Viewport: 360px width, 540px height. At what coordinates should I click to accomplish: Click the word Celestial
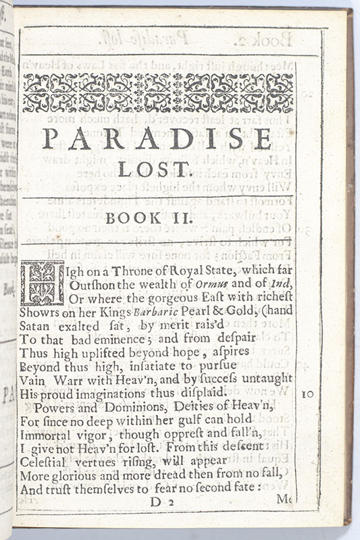(x=45, y=464)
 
